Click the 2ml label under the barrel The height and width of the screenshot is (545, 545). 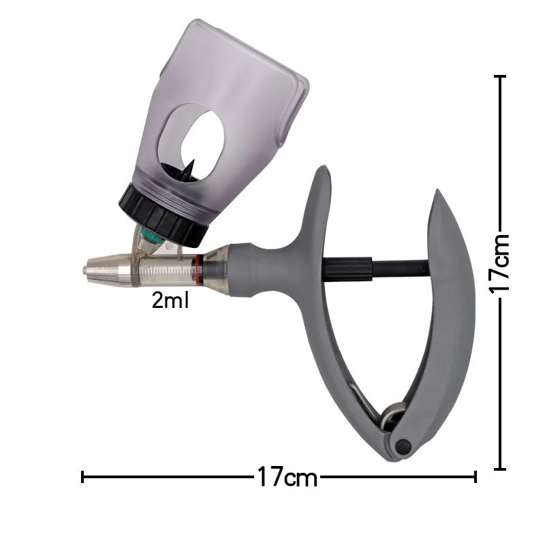pyautogui.click(x=170, y=300)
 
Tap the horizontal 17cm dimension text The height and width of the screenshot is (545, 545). pyautogui.click(x=287, y=477)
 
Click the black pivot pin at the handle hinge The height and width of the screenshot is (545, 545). pyautogui.click(x=403, y=446)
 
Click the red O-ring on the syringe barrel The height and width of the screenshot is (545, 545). pyautogui.click(x=198, y=267)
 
